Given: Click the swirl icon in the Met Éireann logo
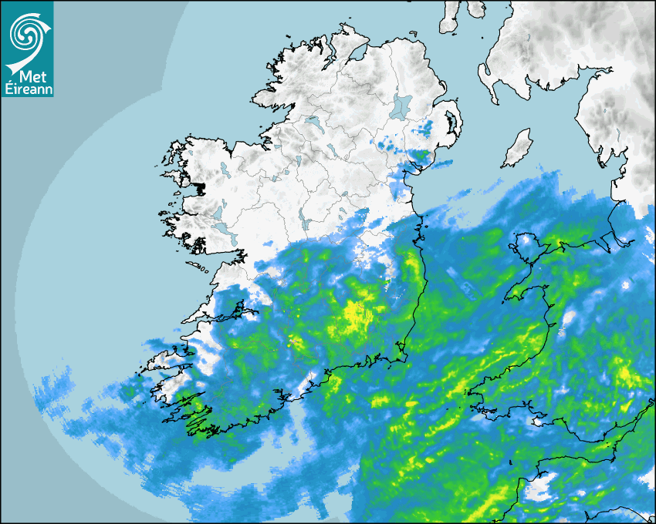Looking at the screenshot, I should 27,32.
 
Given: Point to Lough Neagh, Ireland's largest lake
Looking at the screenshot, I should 401,106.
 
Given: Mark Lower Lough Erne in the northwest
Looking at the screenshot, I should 313,121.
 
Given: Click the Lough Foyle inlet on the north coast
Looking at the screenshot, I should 357,53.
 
